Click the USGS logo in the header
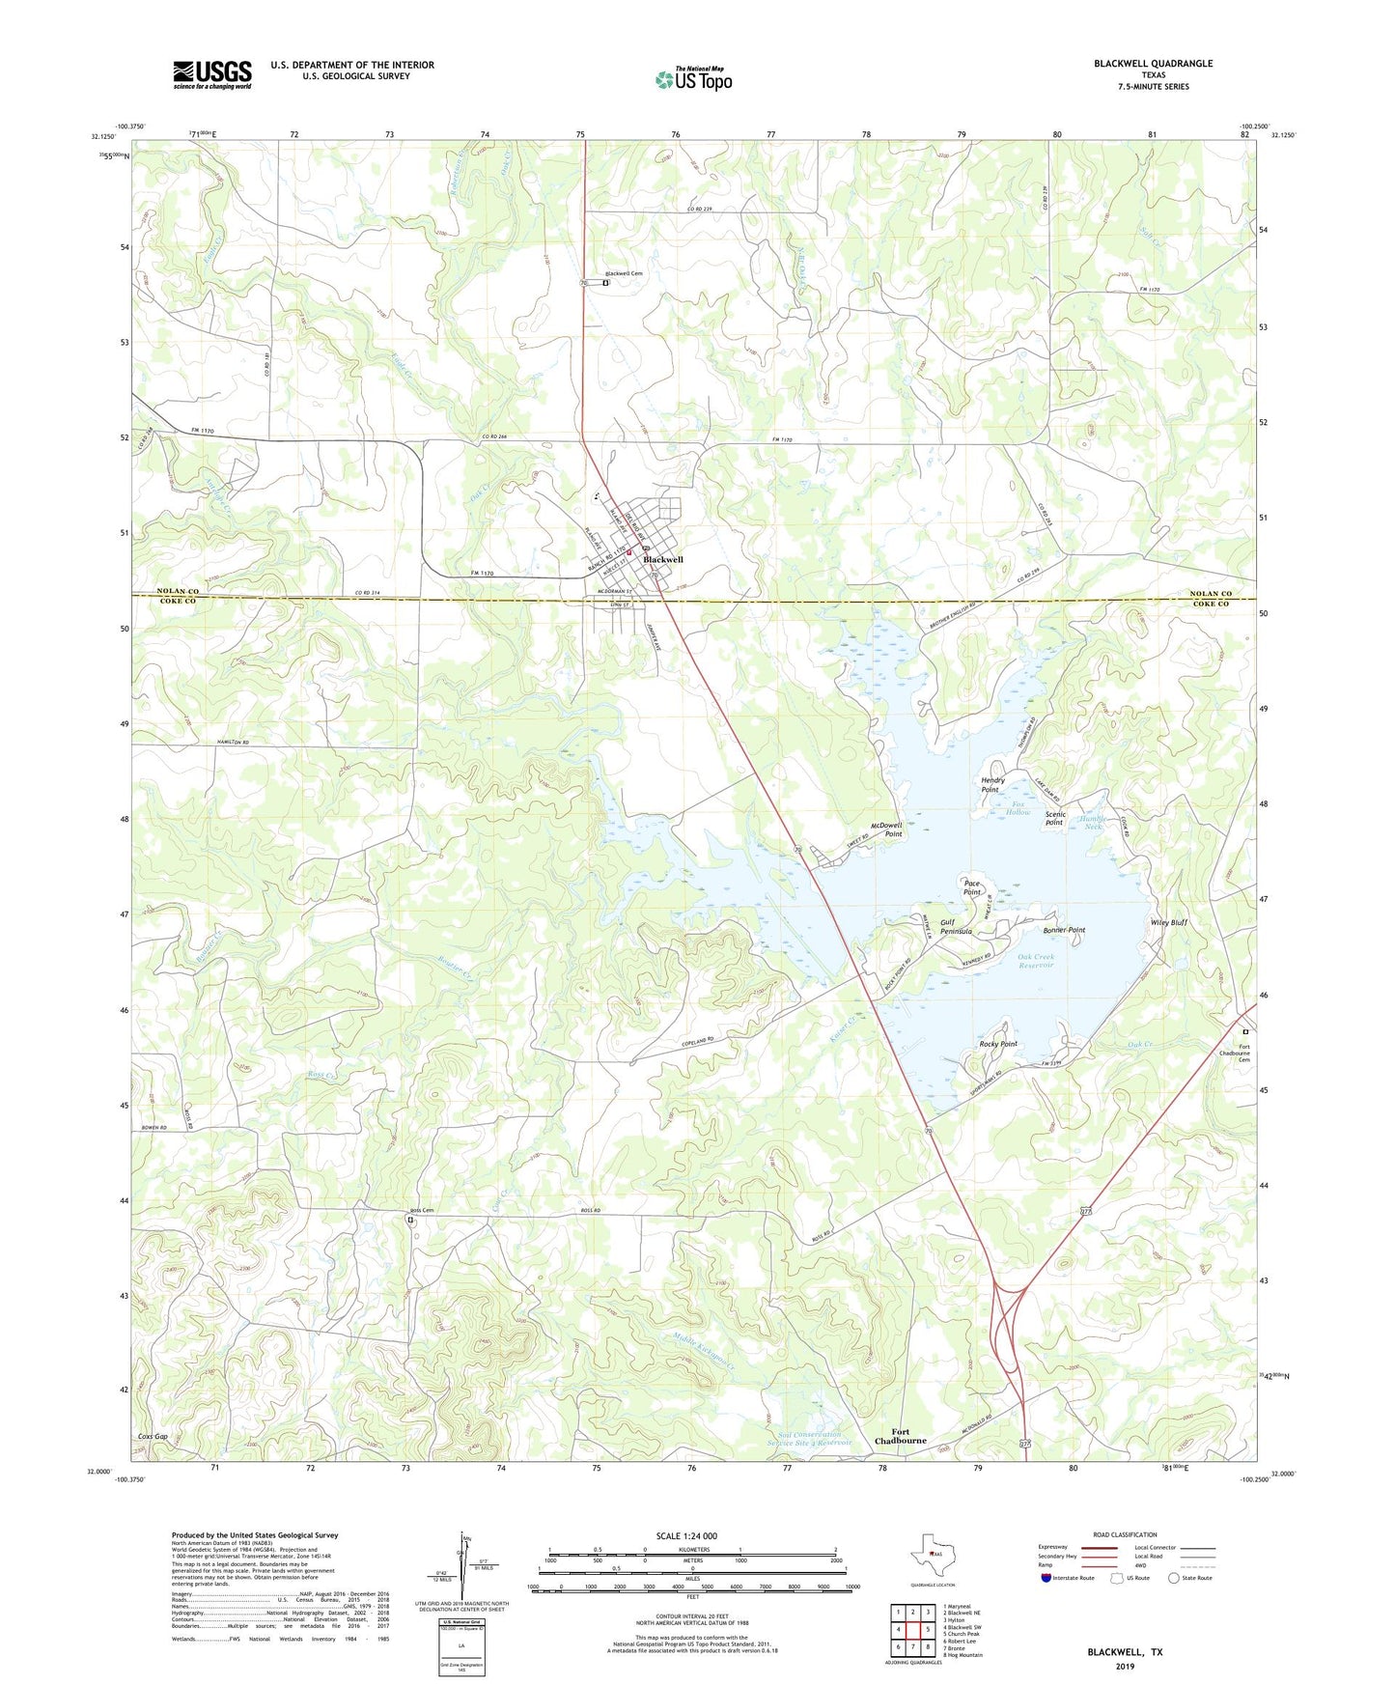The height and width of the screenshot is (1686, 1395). (212, 74)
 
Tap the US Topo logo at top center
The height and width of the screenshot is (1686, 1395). (693, 79)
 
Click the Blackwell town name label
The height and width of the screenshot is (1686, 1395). (663, 560)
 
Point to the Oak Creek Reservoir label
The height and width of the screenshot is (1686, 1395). (1036, 962)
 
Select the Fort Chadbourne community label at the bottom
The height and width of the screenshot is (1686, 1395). (900, 1437)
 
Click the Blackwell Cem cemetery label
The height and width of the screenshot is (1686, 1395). (625, 274)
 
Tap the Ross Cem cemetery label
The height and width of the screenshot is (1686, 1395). (422, 1211)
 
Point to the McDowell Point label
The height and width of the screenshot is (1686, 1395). (885, 829)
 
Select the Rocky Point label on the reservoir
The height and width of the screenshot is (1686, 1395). (998, 1044)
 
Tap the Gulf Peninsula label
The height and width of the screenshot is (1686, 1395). (956, 927)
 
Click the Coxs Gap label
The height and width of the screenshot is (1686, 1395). (153, 1437)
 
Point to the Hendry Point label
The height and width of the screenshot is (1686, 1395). (992, 785)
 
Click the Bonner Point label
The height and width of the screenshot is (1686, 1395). (1064, 930)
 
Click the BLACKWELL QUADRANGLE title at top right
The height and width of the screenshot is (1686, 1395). (1153, 64)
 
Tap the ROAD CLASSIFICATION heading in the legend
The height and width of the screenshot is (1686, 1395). (1125, 1535)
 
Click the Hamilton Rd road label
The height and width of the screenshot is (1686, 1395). (232, 742)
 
